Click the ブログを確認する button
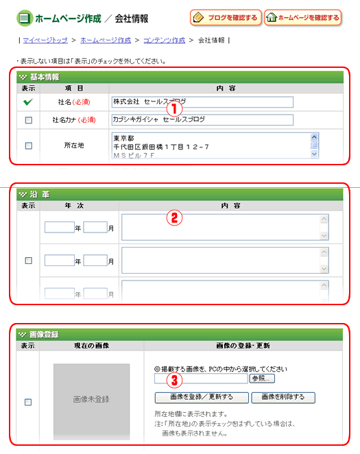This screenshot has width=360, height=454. coord(226,18)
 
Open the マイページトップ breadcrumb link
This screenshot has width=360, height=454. coord(45,40)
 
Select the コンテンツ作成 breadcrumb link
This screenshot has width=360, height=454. coord(164,40)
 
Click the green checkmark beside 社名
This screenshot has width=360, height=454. coord(28,102)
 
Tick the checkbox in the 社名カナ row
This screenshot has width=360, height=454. coord(29,120)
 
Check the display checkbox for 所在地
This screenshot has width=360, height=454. coord(29,145)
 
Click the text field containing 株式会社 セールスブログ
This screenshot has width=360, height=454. coord(202,102)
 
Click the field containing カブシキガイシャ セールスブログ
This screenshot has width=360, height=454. coord(202,120)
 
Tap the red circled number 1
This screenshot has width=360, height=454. coord(174,109)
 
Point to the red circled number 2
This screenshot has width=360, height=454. coord(174,218)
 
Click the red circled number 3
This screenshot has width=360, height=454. coord(174,380)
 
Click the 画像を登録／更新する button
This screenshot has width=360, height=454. coord(202,398)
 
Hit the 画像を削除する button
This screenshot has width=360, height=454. coord(283,398)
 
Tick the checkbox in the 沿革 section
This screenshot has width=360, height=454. coord(28,261)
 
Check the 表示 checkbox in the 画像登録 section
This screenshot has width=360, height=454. coord(28,402)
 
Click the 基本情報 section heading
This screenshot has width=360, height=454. coord(45,77)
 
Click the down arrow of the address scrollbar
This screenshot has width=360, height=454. coord(314,154)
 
